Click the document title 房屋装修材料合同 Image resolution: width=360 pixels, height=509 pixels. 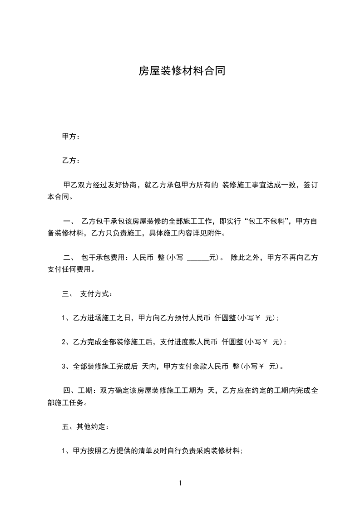(x=182, y=71)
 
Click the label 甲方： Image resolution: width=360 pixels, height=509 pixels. (x=70, y=137)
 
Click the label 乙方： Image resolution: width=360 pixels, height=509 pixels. (x=70, y=161)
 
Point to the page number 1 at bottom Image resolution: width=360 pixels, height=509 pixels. (x=180, y=484)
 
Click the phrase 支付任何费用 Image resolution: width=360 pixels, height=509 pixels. (x=73, y=270)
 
